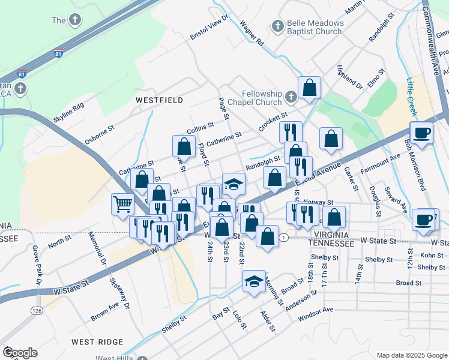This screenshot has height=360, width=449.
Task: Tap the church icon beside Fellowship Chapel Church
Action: coord(291,96)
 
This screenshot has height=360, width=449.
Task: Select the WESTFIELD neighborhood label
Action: coord(159,100)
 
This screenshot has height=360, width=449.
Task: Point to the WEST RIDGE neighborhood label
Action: coord(97,341)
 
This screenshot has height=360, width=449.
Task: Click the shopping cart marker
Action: coord(122,204)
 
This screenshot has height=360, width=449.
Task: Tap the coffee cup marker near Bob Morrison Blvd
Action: coord(421,133)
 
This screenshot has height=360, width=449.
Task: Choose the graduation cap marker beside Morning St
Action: coord(254,281)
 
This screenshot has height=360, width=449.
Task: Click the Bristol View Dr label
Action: coord(209,28)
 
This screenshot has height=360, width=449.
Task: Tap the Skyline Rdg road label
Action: coord(68,113)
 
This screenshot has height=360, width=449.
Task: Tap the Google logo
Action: coord(20,353)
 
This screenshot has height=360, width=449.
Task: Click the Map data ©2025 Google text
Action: coord(412,355)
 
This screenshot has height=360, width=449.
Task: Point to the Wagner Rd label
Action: coord(252,33)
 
